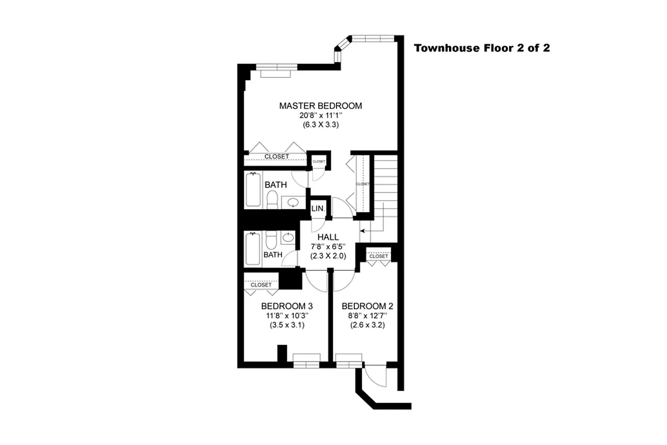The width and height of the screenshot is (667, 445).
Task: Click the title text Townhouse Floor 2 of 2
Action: point(482,48)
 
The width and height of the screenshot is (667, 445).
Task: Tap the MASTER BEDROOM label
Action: point(320,106)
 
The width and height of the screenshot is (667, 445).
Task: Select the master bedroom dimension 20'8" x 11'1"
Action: point(320,116)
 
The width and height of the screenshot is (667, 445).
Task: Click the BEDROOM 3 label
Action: point(287,306)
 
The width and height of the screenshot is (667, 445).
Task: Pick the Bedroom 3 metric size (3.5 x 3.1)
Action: point(287,325)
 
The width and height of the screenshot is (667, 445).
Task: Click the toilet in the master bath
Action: point(273,199)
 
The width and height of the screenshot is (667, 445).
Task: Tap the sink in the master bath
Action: point(292,201)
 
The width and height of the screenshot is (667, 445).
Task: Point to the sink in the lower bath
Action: point(288,238)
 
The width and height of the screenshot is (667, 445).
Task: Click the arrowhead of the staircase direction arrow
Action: point(362,230)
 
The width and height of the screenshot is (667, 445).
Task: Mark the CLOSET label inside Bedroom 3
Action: point(261,285)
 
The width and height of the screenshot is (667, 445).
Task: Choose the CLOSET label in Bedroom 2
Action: point(378,256)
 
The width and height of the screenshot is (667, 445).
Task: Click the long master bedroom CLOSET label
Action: point(276,157)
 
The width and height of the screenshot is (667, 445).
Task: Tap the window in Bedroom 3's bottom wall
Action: point(307,364)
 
